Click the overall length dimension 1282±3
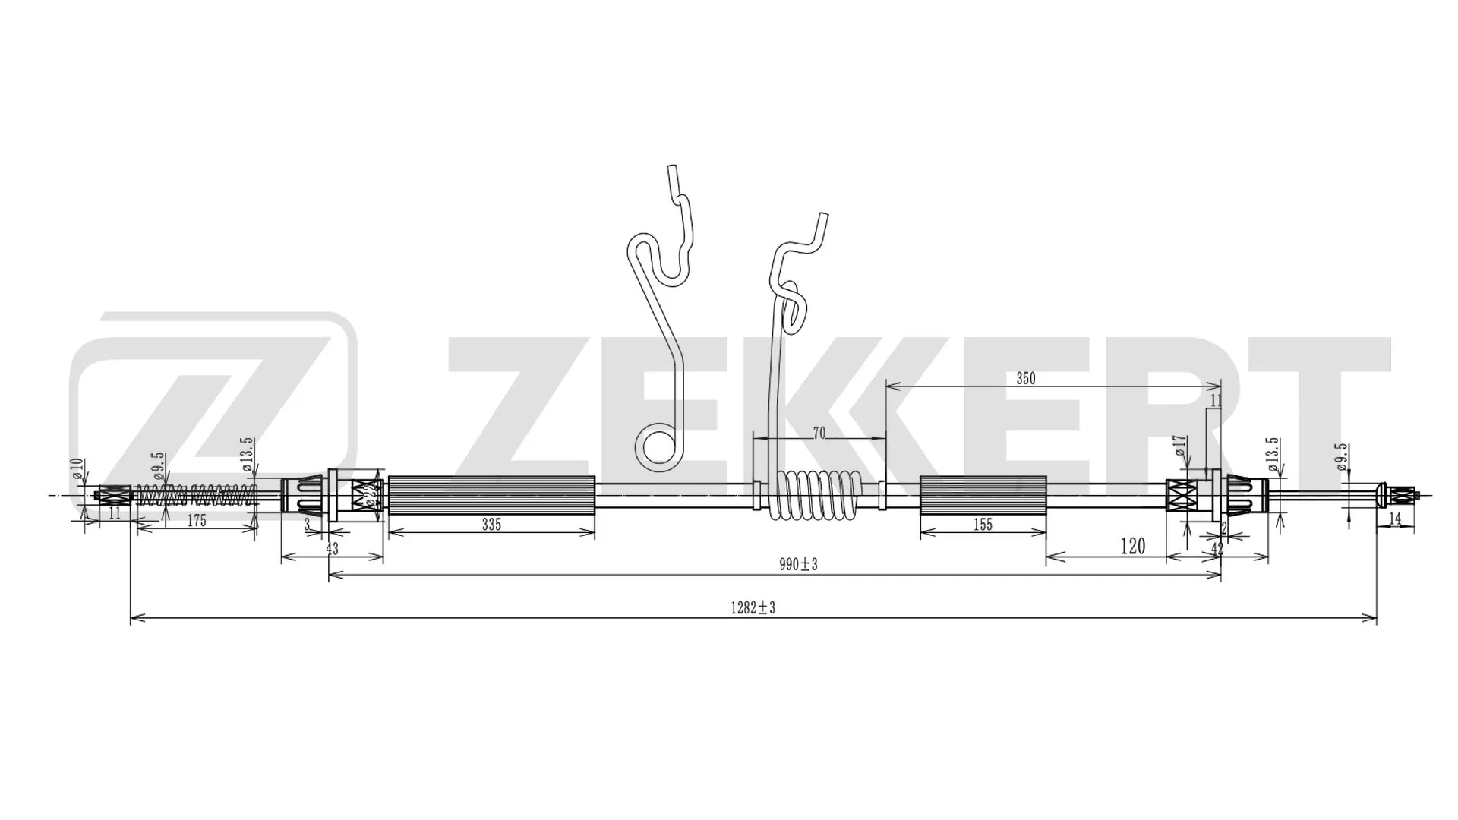(753, 607)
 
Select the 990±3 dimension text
(797, 564)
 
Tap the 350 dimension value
(1025, 379)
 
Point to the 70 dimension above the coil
(819, 434)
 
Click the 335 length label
(491, 525)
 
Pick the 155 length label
(983, 525)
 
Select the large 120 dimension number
(1132, 546)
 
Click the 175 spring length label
(196, 521)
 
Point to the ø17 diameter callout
(1179, 446)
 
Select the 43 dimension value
(332, 548)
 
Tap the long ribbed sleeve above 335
(491, 495)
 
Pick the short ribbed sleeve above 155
(983, 495)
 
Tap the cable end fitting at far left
(112, 497)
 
